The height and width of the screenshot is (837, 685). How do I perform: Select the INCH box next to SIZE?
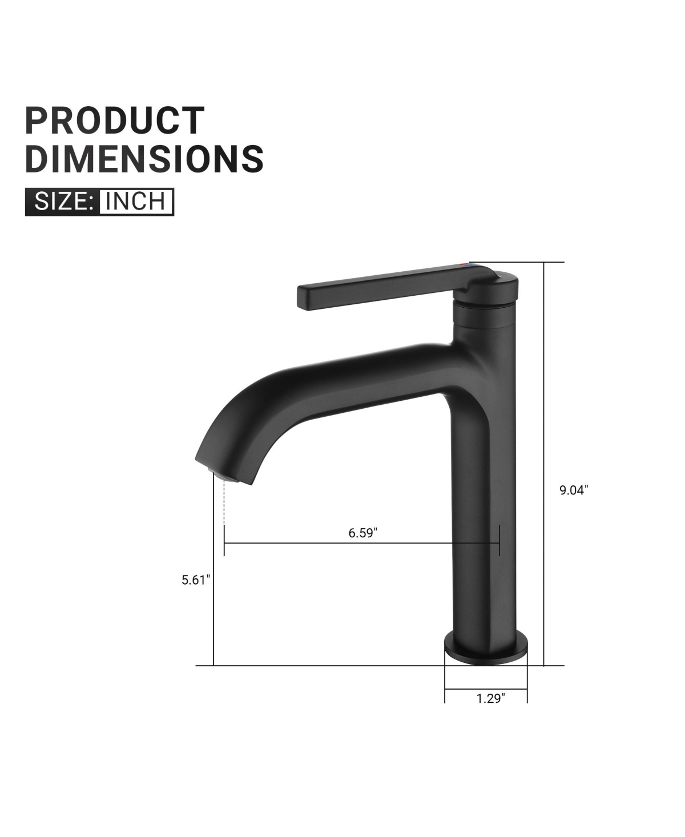pyautogui.click(x=136, y=202)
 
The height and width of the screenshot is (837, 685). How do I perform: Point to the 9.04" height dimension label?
pyautogui.click(x=573, y=490)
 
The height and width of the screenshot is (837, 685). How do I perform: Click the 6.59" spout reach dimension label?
pyautogui.click(x=363, y=533)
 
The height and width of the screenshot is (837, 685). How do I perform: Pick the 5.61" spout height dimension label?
pyautogui.click(x=196, y=580)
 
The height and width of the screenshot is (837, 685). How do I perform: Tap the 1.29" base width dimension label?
pyautogui.click(x=491, y=698)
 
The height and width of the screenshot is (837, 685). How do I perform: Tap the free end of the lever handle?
pyautogui.click(x=305, y=297)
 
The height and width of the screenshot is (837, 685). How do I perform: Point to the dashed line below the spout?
pyautogui.click(x=224, y=502)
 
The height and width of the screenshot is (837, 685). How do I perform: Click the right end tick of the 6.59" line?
pyautogui.click(x=499, y=540)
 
